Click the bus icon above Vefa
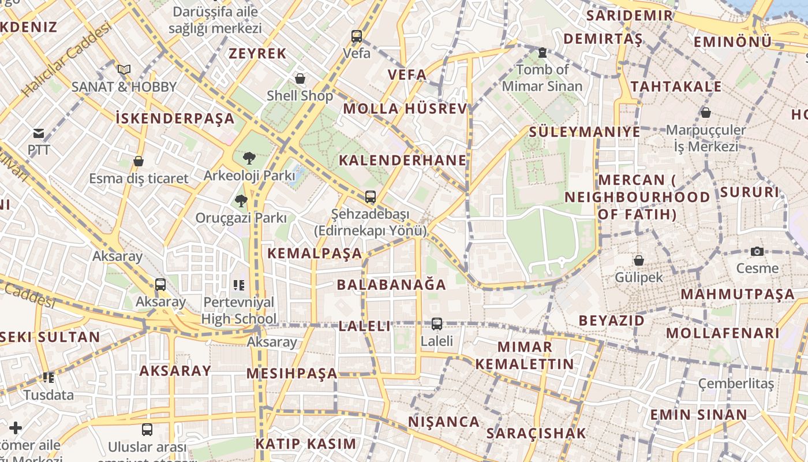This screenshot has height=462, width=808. [357, 36]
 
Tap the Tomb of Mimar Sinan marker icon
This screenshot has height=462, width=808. [542, 53]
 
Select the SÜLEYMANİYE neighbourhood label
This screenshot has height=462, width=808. [585, 132]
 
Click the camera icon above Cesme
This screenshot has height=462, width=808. [757, 251]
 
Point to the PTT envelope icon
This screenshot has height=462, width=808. [39, 133]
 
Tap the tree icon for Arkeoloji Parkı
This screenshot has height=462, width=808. [249, 158]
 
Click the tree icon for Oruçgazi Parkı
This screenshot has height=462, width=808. [241, 201]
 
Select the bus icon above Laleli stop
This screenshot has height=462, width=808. [437, 324]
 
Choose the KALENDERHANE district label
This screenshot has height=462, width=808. [402, 161]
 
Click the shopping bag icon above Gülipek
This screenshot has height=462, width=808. [638, 260]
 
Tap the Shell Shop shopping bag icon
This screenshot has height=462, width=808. [300, 79]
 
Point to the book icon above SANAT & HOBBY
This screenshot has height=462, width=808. [124, 70]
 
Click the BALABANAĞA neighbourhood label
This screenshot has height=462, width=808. [391, 285]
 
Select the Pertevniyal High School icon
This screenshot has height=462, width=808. [239, 285]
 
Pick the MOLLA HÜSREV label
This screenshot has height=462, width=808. [405, 109]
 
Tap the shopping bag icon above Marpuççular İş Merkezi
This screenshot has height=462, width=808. [705, 113]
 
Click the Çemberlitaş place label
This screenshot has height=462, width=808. [735, 384]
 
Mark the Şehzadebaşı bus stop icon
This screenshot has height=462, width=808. [371, 197]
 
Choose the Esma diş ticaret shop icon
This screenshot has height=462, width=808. [138, 161]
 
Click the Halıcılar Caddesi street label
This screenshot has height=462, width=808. [67, 59]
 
